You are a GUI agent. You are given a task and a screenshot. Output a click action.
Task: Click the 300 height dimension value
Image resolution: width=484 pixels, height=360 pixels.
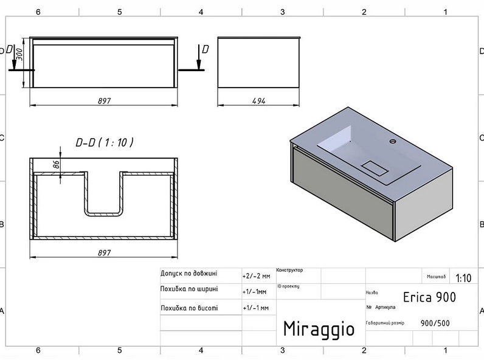pyautogui.click(x=19, y=55)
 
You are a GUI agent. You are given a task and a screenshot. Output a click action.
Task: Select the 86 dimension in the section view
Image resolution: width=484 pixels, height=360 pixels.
pyautogui.click(x=55, y=165)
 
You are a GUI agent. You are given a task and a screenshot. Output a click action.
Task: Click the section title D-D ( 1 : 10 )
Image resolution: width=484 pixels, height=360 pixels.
pyautogui.click(x=105, y=142)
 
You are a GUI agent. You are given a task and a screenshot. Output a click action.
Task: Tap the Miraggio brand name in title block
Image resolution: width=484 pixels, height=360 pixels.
pyautogui.click(x=319, y=328)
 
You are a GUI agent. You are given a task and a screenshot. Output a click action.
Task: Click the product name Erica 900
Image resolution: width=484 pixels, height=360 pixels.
pyautogui.click(x=429, y=297)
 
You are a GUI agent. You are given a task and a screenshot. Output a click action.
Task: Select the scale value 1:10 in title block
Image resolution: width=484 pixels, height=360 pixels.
pyautogui.click(x=463, y=278)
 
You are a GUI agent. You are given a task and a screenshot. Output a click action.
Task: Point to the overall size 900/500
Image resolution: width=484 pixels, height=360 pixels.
pyautogui.click(x=435, y=323)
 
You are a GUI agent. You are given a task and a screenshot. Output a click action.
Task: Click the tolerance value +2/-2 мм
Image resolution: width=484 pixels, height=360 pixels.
pyautogui.click(x=255, y=275)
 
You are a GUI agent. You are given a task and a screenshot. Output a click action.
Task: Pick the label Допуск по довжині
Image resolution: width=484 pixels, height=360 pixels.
pyautogui.click(x=188, y=274)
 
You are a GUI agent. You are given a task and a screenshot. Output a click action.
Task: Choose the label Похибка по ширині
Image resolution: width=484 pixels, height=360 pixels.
pyautogui.click(x=188, y=289)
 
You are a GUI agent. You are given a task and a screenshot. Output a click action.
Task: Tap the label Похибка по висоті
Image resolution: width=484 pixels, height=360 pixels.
pyautogui.click(x=188, y=308)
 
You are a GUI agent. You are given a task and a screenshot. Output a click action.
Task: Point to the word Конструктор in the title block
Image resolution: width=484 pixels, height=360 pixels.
pyautogui.click(x=289, y=270)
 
